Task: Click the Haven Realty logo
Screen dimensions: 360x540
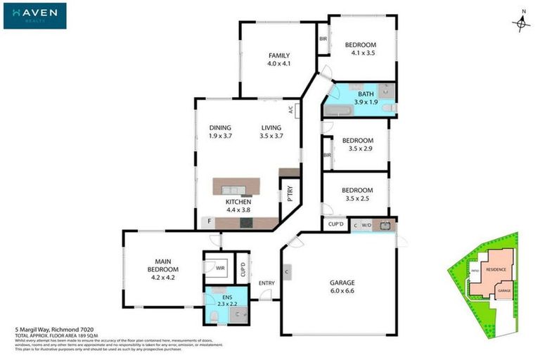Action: tap(34, 15)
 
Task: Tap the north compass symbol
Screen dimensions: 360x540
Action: tap(520, 22)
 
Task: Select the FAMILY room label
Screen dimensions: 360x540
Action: tap(278, 60)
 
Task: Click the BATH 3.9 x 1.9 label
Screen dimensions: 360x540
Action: tap(366, 98)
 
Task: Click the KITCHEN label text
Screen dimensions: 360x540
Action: tap(238, 205)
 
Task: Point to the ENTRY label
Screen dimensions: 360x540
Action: tap(266, 283)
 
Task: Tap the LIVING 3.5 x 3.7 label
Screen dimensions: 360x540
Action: tap(271, 131)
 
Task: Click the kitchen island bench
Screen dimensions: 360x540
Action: tap(236, 187)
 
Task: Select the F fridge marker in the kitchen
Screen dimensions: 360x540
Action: tap(208, 222)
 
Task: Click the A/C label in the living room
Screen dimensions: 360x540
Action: tap(290, 109)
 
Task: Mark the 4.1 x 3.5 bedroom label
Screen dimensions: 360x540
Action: tap(360, 49)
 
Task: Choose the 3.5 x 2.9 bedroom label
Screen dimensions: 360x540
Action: tap(357, 144)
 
